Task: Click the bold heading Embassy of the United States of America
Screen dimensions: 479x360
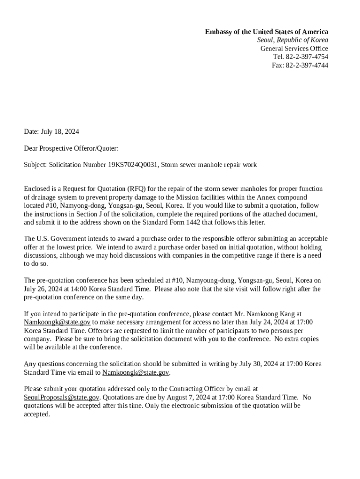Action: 266,32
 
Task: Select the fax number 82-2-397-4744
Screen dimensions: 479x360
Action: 307,65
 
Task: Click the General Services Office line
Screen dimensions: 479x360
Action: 294,49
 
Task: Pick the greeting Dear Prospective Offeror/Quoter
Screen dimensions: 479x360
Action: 71,149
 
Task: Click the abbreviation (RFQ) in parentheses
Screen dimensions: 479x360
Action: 136,189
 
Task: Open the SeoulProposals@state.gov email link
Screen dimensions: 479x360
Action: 61,398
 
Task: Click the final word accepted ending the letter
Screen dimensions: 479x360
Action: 36,414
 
